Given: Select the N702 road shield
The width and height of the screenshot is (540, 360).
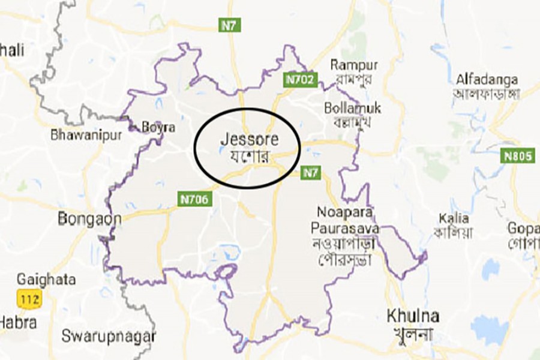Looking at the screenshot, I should (299, 79).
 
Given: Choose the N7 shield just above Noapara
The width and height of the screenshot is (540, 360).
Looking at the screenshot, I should (310, 173).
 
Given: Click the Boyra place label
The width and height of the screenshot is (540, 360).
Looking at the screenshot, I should (158, 127).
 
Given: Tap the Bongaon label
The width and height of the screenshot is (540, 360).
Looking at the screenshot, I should (89, 219).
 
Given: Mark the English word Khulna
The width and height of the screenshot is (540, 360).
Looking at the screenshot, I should (413, 316).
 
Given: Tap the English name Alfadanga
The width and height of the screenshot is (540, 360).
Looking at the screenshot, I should (487, 79).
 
